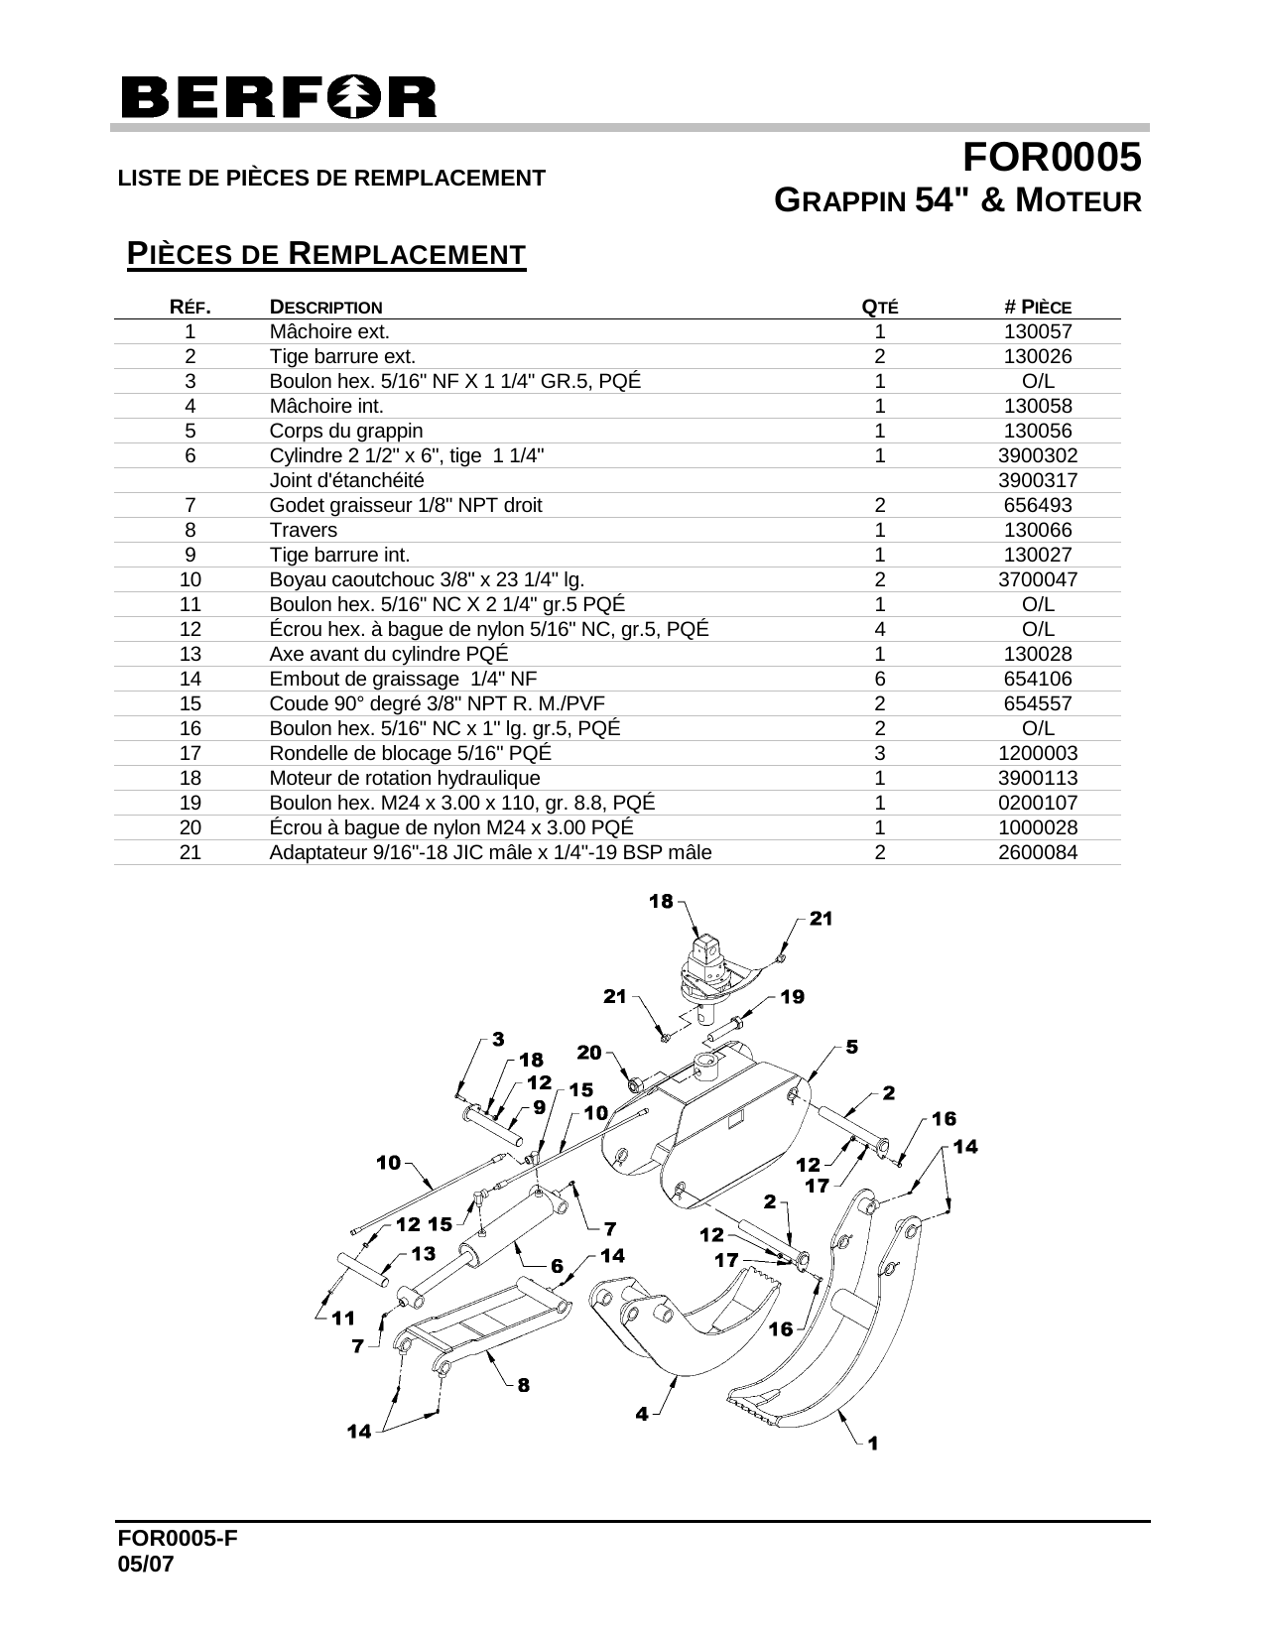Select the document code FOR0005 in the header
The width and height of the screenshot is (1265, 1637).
[1053, 158]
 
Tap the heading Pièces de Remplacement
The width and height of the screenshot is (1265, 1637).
[326, 254]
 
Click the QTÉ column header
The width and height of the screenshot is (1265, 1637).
[879, 307]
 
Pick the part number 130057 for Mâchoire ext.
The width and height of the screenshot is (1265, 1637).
[1038, 332]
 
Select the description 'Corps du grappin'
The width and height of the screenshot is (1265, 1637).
[346, 431]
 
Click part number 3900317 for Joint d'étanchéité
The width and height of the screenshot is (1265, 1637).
[1038, 480]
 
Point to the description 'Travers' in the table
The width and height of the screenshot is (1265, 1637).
[304, 530]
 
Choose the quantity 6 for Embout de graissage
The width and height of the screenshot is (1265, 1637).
[879, 679]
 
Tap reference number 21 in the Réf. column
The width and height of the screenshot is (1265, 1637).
[190, 852]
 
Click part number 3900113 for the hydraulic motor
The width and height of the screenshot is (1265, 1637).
[1038, 778]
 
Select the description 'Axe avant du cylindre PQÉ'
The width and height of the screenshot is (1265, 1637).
[389, 654]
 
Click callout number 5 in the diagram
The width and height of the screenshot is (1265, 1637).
[851, 1047]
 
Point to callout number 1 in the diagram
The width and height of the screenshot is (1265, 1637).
[872, 1444]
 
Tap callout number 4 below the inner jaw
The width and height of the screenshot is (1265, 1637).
[642, 1413]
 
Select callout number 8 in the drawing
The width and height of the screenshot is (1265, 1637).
[523, 1385]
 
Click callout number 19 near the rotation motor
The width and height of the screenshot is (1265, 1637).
[792, 996]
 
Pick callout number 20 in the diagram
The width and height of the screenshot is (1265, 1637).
[589, 1052]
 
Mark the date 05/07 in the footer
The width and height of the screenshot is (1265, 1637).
[146, 1564]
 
